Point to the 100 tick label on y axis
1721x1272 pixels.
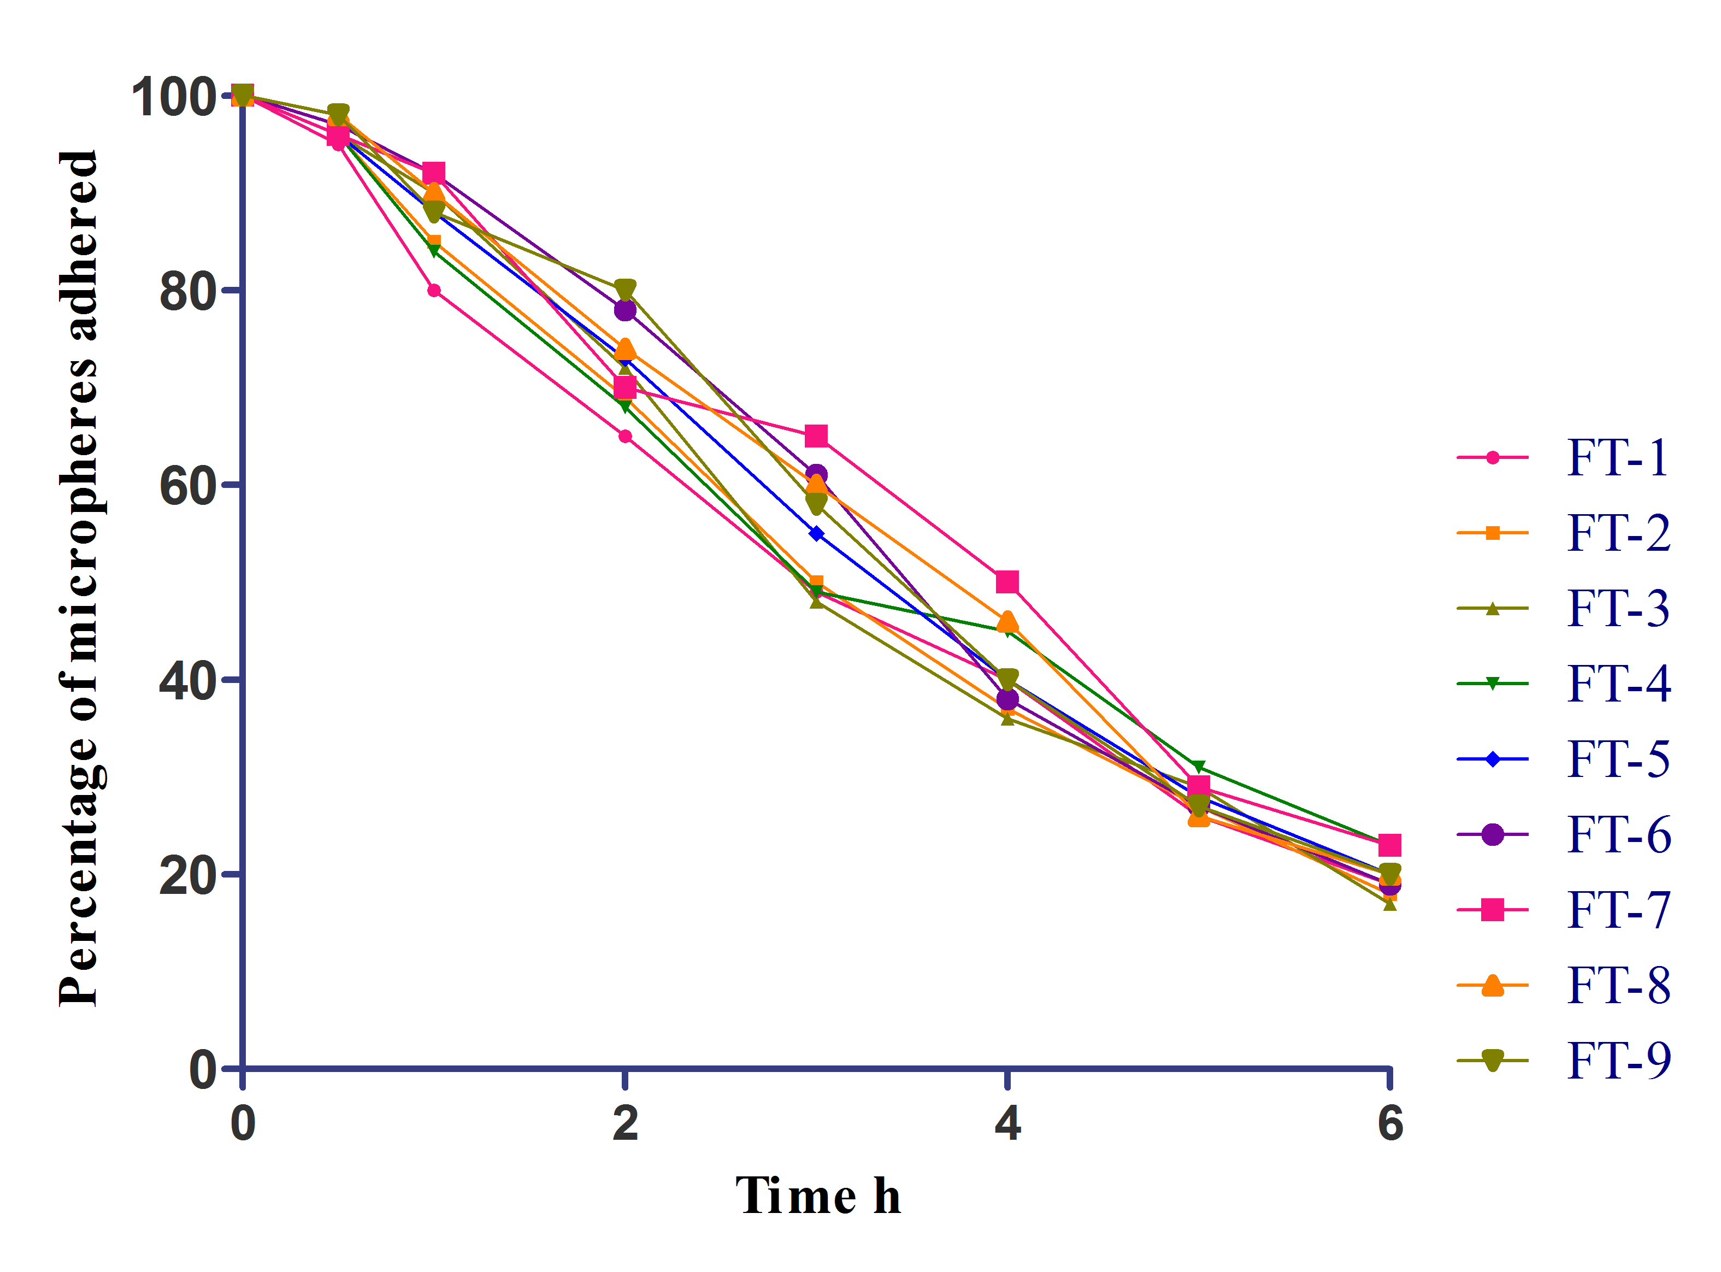(173, 98)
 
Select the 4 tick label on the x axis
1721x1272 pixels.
(1007, 1124)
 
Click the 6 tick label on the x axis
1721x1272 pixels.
(1390, 1124)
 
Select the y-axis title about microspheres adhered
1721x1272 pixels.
(79, 578)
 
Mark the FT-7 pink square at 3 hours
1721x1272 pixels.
(816, 437)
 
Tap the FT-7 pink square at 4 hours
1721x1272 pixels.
(1007, 582)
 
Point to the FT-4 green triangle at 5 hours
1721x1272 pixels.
(1198, 767)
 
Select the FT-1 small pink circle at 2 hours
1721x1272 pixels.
(625, 437)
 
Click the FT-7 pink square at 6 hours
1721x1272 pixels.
(1389, 845)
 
